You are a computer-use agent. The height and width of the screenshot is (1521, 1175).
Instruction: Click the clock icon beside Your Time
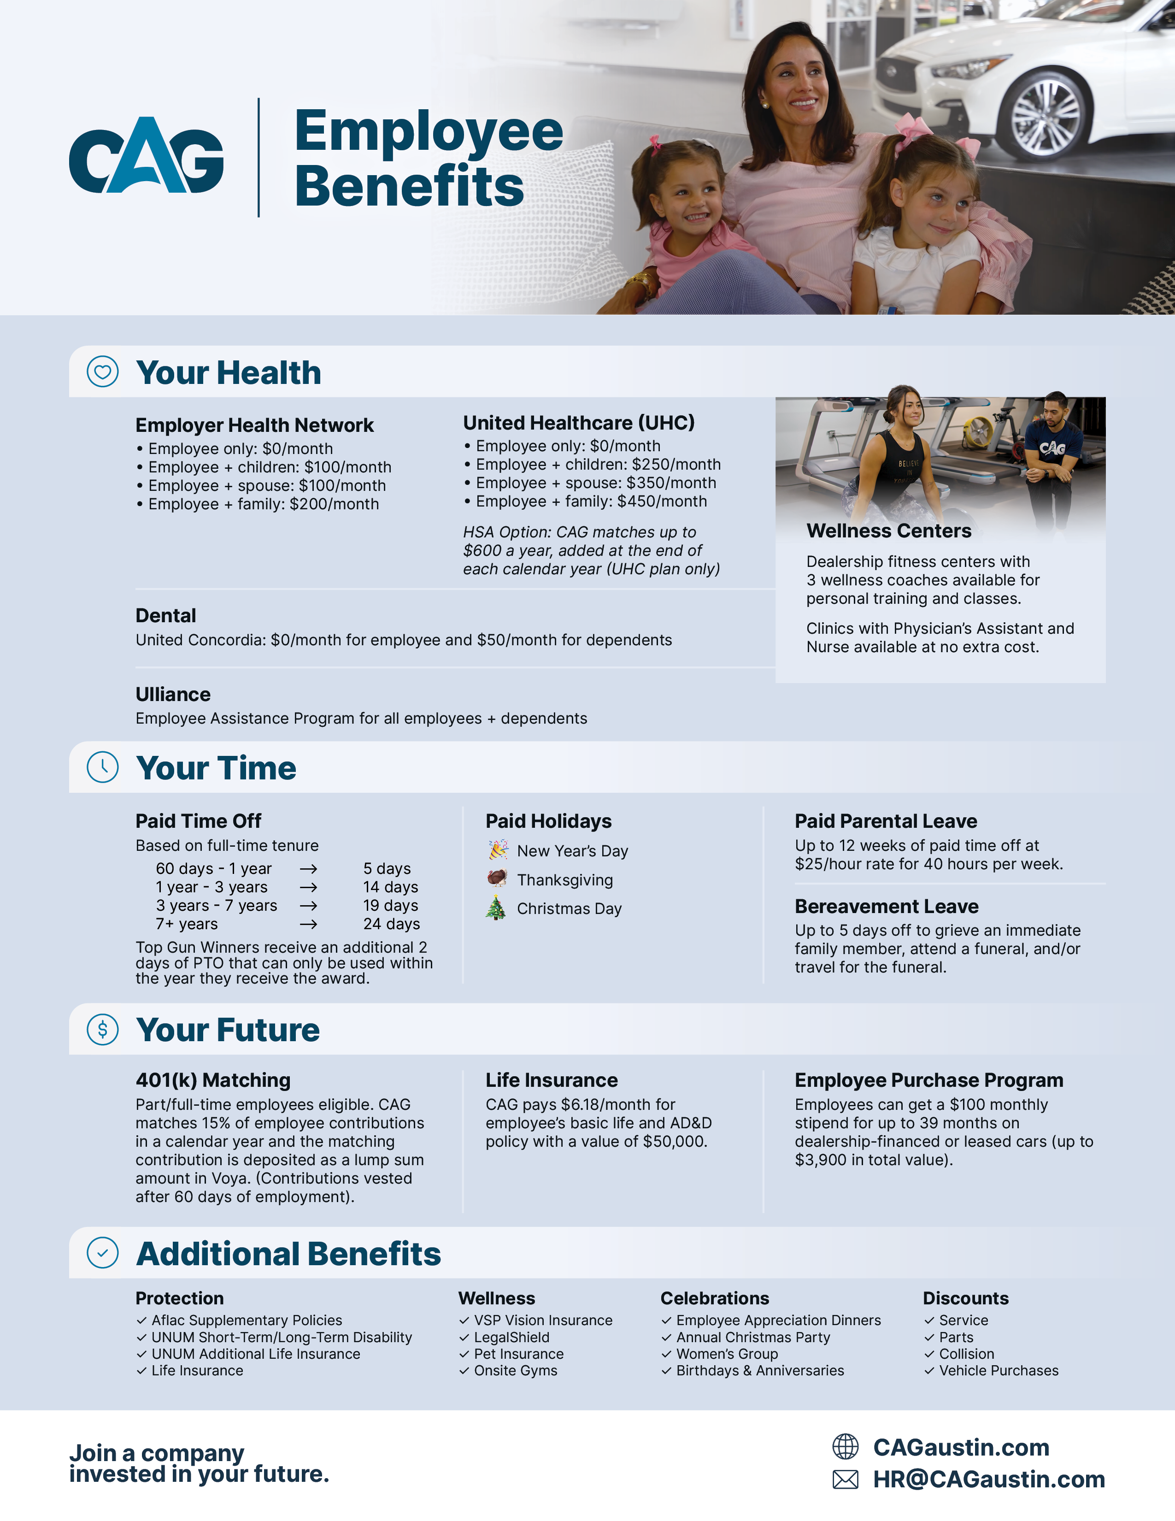[x=102, y=767]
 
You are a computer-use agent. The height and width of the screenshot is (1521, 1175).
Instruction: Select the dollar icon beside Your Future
[x=102, y=1029]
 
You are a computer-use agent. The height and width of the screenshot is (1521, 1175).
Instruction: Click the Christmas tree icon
[x=496, y=908]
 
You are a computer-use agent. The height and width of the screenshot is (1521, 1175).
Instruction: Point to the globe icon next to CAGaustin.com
[x=845, y=1446]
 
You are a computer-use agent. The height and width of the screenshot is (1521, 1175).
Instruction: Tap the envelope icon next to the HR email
[x=845, y=1479]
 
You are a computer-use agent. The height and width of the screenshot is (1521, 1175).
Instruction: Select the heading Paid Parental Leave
[x=886, y=821]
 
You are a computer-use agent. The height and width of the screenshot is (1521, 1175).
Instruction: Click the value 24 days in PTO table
[x=391, y=924]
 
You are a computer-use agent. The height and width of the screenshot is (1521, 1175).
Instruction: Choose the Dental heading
[x=166, y=616]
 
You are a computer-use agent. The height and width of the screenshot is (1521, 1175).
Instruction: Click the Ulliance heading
[x=173, y=694]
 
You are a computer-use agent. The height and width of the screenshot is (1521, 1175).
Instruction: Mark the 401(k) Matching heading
[x=213, y=1080]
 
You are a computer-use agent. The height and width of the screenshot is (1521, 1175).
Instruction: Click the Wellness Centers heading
[x=888, y=531]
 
